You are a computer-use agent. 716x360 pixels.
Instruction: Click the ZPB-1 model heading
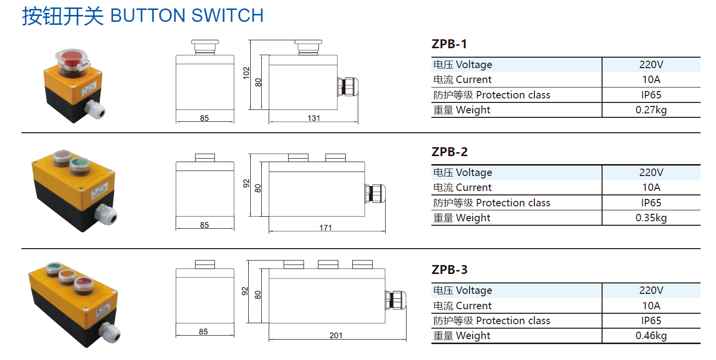(449, 44)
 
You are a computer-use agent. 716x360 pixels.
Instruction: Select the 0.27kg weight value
(651, 110)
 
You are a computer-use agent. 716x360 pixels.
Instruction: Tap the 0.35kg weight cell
(651, 218)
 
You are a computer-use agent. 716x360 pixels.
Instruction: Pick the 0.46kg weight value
(651, 336)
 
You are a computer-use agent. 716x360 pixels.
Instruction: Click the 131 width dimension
(313, 118)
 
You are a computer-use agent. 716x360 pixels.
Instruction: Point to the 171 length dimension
(325, 228)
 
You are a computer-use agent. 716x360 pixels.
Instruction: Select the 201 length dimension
(336, 336)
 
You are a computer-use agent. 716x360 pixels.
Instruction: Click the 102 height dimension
(246, 73)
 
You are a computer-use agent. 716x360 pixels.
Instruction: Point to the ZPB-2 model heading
(449, 152)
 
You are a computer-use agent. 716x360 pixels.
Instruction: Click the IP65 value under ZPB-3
(651, 321)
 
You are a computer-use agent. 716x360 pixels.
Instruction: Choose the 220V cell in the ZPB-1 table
(651, 65)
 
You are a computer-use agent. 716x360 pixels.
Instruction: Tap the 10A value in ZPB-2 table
(651, 187)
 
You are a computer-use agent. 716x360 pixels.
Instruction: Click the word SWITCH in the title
(227, 15)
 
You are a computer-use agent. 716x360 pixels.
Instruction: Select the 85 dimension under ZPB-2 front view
(205, 225)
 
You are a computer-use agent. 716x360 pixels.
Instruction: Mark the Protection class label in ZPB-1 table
(513, 95)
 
